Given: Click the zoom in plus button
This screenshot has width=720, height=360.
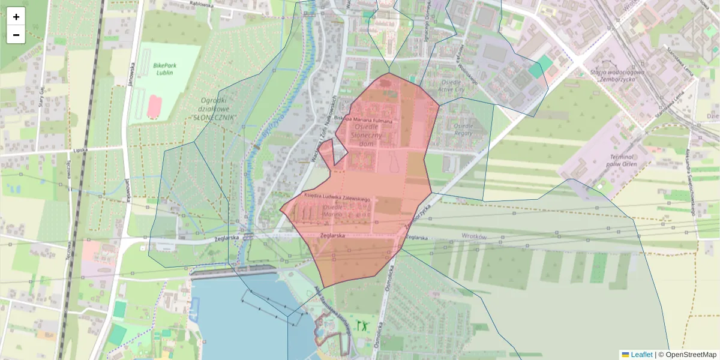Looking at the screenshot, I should tap(16, 17).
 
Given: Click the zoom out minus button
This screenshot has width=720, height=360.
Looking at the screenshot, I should tap(16, 35).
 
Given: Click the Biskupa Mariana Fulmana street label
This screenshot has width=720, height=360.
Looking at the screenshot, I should tap(364, 121).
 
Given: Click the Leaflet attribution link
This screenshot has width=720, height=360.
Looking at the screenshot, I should tap(640, 355).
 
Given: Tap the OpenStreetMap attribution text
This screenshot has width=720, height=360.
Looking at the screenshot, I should tap(691, 355).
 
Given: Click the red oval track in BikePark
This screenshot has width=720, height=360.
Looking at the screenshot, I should tap(155, 106).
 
